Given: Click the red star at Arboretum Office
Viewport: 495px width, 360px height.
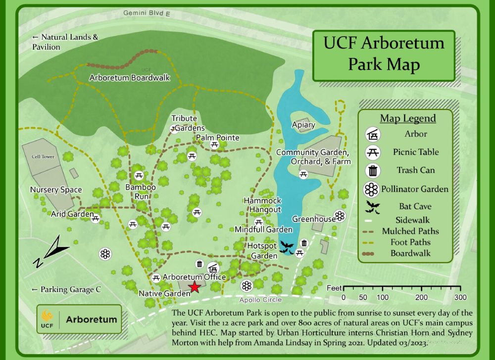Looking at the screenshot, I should click(x=195, y=287).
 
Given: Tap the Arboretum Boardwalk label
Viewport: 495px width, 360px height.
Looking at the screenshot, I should click(x=130, y=78).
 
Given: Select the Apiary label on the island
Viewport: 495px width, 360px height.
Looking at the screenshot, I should click(x=303, y=125).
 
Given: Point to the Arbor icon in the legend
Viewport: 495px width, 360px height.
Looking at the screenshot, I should click(x=373, y=134).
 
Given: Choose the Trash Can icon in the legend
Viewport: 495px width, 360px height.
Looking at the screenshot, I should click(x=373, y=170).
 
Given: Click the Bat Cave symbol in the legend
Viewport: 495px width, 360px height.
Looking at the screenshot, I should click(x=373, y=206).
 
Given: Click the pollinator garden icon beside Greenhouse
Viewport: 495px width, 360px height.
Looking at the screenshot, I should click(x=339, y=215).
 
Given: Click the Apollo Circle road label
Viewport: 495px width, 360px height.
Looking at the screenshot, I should click(x=260, y=300).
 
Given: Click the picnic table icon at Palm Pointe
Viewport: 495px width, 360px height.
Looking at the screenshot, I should click(x=214, y=145).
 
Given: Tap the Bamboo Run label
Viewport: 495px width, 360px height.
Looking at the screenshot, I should click(x=140, y=192).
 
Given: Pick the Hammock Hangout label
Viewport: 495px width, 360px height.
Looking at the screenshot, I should click(x=262, y=205).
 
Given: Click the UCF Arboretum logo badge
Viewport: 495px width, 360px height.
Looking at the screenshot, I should click(x=79, y=319).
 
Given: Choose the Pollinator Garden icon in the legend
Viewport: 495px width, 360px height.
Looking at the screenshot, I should click(x=372, y=189).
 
